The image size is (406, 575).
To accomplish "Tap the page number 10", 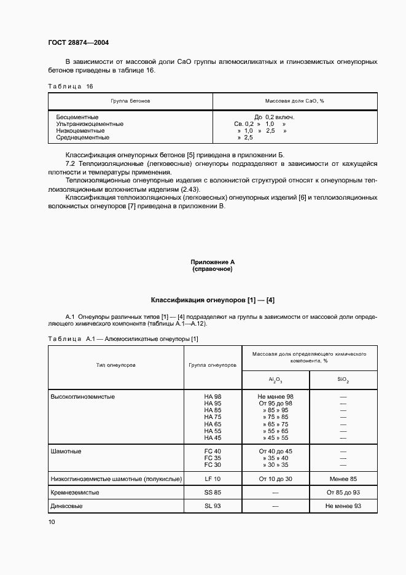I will click(52, 522).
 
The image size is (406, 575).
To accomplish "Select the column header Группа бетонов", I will click(130, 100).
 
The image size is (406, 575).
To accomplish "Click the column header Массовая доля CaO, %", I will click(295, 100).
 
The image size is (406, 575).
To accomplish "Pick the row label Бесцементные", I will click(77, 117).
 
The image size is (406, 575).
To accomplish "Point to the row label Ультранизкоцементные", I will click(90, 124).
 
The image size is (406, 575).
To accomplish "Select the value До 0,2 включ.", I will click(274, 117).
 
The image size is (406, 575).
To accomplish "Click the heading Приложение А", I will click(212, 262).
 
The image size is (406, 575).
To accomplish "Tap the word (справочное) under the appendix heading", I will click(212, 269).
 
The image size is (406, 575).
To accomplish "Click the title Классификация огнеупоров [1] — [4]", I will click(213, 300).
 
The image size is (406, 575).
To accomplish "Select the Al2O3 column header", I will click(275, 380).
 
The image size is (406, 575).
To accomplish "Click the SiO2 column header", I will click(343, 380).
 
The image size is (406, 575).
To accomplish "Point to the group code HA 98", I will click(213, 397).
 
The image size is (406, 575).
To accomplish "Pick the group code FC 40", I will click(213, 452).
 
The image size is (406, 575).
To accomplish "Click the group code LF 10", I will click(213, 479).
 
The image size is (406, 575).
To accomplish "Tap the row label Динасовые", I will click(66, 506).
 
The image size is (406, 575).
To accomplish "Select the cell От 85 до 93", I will click(343, 493).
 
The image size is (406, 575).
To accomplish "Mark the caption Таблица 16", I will click(71, 86).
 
